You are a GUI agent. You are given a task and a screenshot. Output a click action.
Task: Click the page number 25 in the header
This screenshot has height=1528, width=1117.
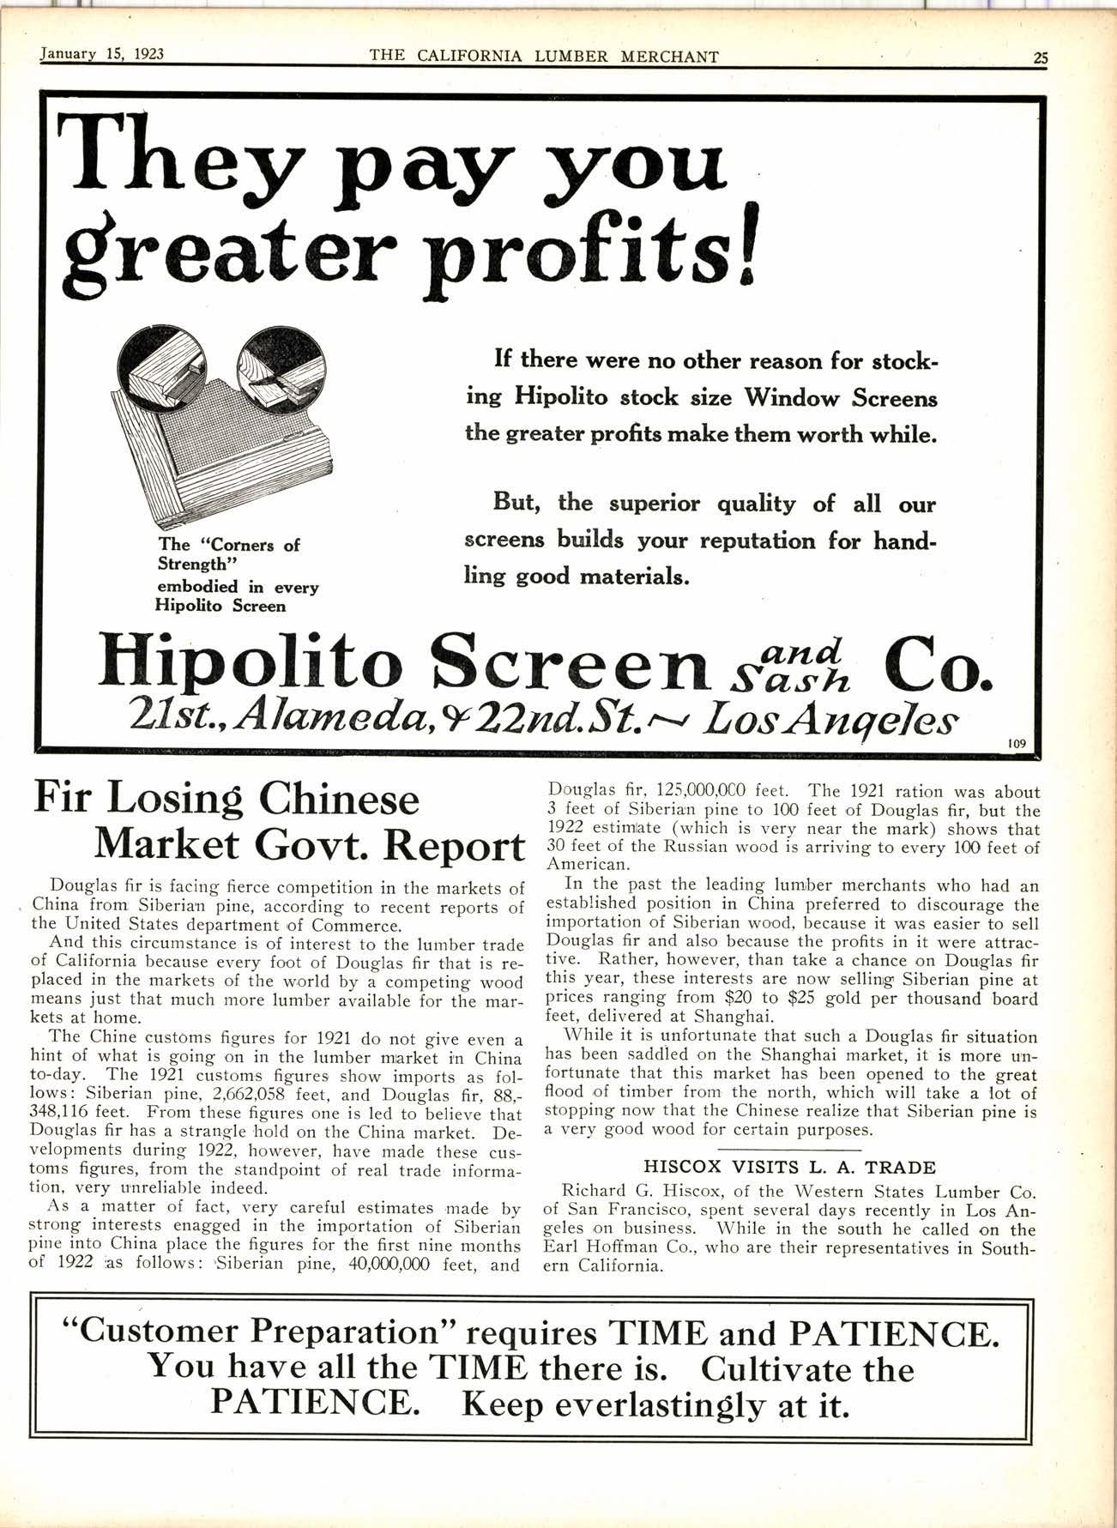point(1040,57)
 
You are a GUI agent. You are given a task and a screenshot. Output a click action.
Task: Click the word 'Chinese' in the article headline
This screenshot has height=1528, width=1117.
point(339,800)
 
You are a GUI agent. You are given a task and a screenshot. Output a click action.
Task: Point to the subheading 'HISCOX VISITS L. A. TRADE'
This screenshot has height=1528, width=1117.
point(789,1167)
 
